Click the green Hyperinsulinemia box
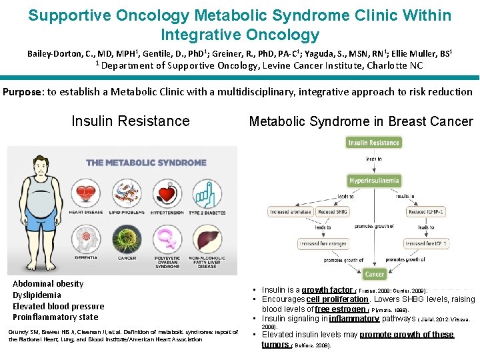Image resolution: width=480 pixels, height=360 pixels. [374, 180]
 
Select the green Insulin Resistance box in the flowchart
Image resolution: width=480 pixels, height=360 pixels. [373, 143]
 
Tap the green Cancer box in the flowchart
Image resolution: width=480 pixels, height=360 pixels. [375, 273]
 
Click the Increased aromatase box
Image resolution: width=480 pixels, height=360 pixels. [291, 211]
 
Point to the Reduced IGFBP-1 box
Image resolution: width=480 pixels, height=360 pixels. [427, 211]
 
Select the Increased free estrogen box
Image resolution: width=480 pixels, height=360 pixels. [323, 244]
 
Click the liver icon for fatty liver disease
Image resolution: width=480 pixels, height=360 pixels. [207, 237]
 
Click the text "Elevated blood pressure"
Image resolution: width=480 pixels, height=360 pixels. [59, 306]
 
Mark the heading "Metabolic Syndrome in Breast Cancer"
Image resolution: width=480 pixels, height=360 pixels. [361, 121]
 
